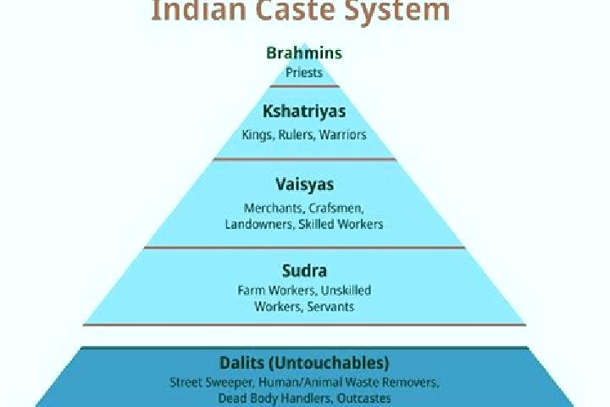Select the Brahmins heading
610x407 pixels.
coord(304,53)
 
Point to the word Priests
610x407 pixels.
coord(304,72)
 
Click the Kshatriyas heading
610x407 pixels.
coord(304,111)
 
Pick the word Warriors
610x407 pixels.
coord(343,135)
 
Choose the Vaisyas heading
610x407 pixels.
coord(305,185)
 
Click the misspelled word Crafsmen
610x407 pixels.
coord(336,209)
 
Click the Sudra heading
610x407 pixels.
coord(304,270)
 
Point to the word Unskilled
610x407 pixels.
coord(346,290)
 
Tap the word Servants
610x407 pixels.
coord(330,306)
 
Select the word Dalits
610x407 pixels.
coord(241,363)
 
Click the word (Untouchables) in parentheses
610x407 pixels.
coord(329,363)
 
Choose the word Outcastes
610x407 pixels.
coord(364,399)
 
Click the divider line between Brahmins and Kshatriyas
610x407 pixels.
coord(304,86)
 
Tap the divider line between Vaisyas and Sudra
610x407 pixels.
coord(304,248)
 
